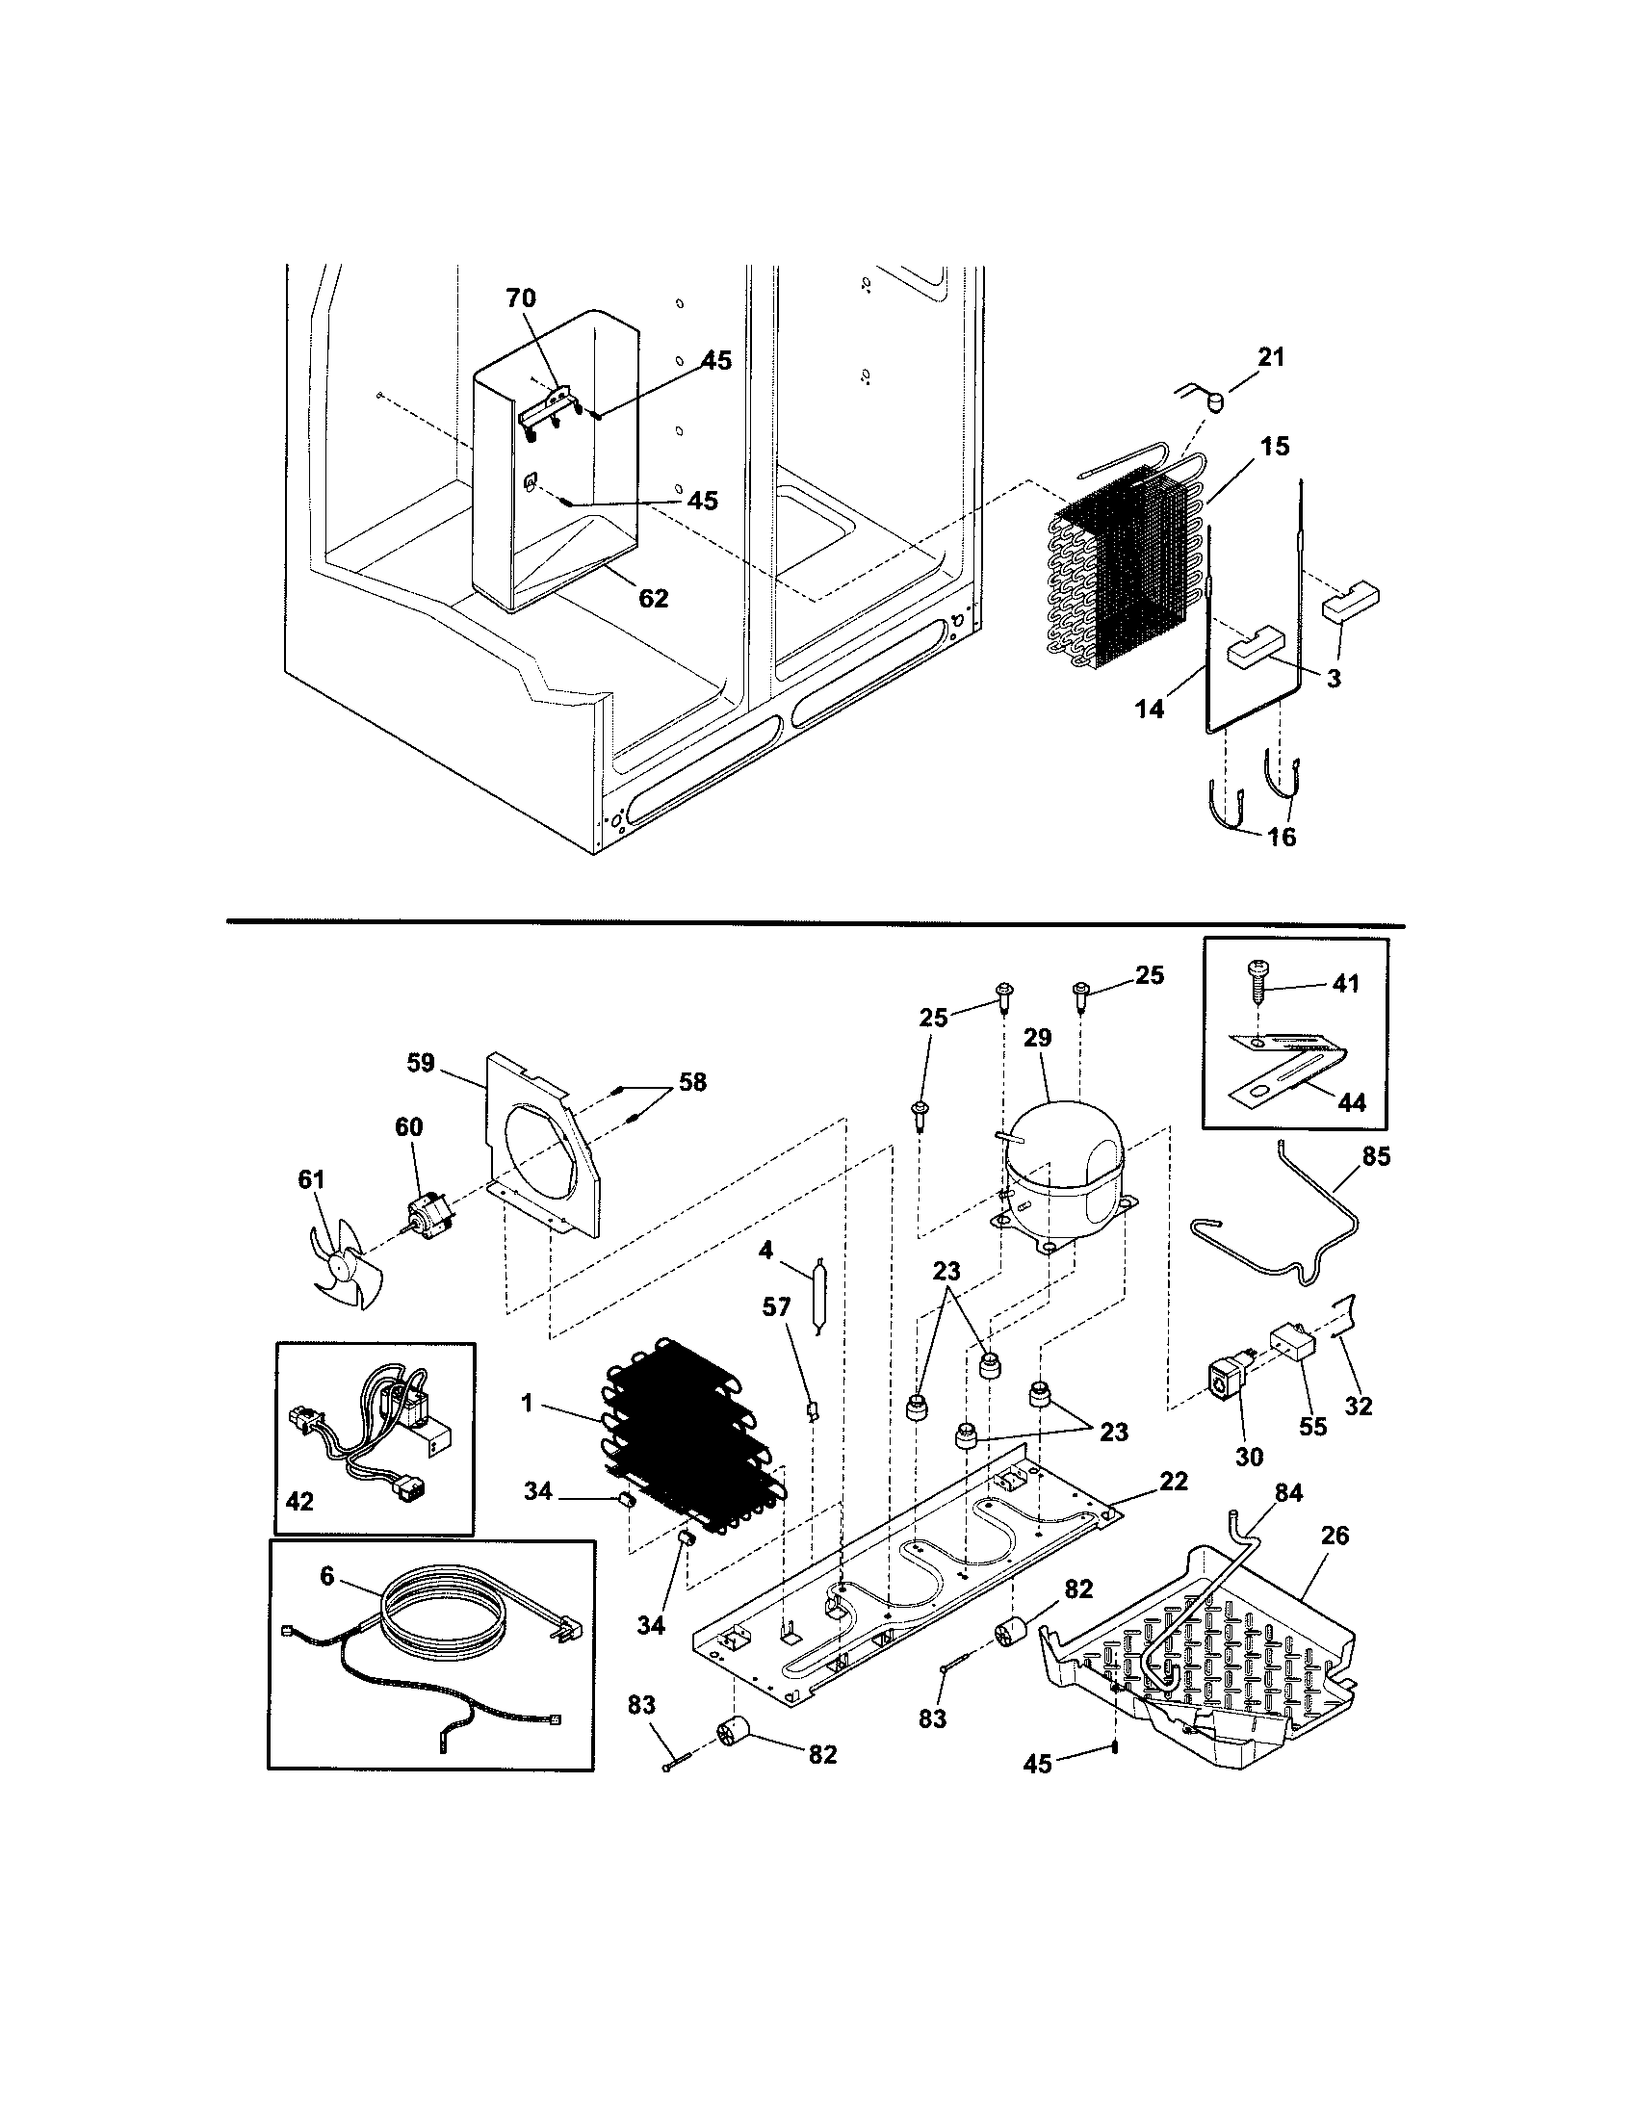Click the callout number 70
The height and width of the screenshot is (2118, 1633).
[521, 297]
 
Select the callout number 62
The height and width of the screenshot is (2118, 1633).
[654, 599]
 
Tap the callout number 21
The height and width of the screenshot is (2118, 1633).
[1270, 357]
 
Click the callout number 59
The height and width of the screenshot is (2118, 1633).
[421, 1063]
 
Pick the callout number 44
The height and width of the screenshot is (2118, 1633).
[1351, 1102]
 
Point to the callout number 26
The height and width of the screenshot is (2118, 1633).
[1335, 1536]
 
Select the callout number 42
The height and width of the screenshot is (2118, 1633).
[299, 1501]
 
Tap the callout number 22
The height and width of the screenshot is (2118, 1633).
[1174, 1482]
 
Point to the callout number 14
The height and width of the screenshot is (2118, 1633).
[1149, 709]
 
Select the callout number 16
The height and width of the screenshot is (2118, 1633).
[1282, 836]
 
